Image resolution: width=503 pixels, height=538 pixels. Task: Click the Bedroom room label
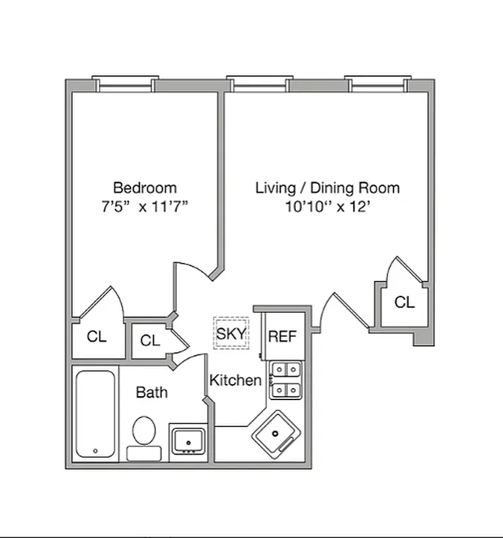click(x=145, y=188)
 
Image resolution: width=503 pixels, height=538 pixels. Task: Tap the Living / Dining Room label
click(x=327, y=188)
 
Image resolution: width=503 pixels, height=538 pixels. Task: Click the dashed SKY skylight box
click(x=231, y=334)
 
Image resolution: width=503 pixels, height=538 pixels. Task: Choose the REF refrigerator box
click(x=282, y=336)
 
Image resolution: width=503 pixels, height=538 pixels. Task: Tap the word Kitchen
click(x=235, y=381)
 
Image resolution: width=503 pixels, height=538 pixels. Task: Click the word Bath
click(x=152, y=392)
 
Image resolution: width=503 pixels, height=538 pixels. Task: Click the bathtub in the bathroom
click(x=96, y=413)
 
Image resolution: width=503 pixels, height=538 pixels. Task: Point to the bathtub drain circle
click(x=95, y=451)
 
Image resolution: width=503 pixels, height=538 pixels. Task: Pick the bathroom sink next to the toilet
click(x=188, y=440)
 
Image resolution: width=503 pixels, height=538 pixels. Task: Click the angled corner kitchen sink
click(x=276, y=435)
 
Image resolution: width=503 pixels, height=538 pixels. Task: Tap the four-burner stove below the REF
click(x=286, y=380)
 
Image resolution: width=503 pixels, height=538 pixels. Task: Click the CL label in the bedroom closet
click(x=97, y=337)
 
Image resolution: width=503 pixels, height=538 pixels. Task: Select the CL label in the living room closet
click(x=404, y=303)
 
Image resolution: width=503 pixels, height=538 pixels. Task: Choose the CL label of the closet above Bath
click(x=150, y=341)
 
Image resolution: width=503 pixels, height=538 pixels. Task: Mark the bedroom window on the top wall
click(x=126, y=84)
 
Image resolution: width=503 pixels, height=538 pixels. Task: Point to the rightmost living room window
click(x=378, y=84)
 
